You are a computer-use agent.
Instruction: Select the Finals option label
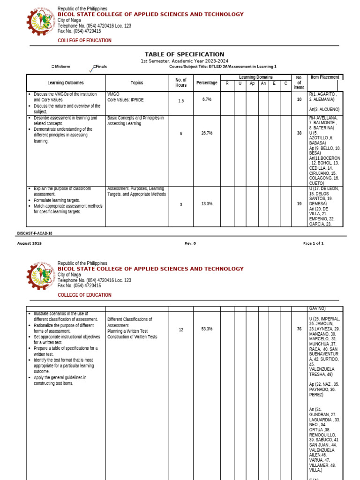[100, 67]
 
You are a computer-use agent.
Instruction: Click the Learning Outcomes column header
[66, 83]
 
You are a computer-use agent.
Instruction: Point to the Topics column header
[137, 83]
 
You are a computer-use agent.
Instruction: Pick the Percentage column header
[207, 83]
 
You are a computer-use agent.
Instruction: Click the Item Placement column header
[325, 77]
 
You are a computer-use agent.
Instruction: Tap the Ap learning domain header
[252, 83]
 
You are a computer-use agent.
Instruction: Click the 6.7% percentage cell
[207, 100]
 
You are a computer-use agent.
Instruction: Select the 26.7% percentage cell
[207, 133]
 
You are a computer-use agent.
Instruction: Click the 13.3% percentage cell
[207, 204]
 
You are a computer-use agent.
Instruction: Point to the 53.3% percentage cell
[207, 329]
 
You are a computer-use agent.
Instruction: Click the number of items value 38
[299, 133]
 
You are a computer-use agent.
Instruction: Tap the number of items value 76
[299, 329]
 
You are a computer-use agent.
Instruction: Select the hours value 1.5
[181, 101]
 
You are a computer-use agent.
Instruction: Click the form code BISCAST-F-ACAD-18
[35, 233]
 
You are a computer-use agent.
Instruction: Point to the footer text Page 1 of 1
[313, 243]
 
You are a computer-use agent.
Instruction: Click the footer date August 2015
[30, 243]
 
